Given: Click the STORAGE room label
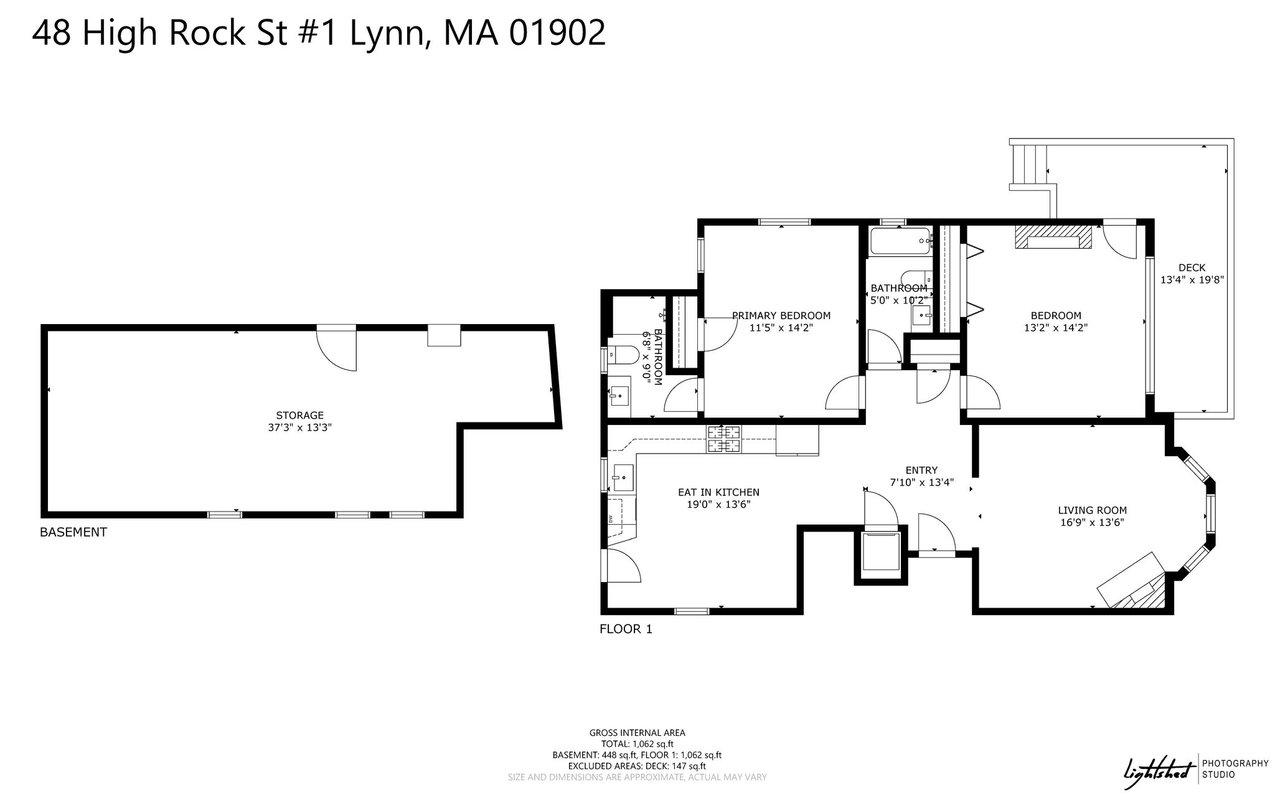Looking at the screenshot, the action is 299,415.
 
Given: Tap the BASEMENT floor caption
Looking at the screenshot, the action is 73,532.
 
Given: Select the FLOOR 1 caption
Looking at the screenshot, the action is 626,629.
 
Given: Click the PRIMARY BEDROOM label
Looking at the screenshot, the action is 781,315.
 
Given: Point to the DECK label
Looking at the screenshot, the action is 1192,268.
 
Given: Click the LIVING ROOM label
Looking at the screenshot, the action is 1093,510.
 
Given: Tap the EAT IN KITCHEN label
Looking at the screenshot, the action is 718,492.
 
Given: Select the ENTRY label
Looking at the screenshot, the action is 921,470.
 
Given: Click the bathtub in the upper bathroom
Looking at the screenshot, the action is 900,241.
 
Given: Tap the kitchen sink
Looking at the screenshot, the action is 623,477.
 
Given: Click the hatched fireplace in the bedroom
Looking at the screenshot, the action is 1053,237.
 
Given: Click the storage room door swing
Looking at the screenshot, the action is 336,349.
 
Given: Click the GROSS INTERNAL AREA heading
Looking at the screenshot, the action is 637,733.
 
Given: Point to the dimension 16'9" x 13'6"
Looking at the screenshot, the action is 1093,523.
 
